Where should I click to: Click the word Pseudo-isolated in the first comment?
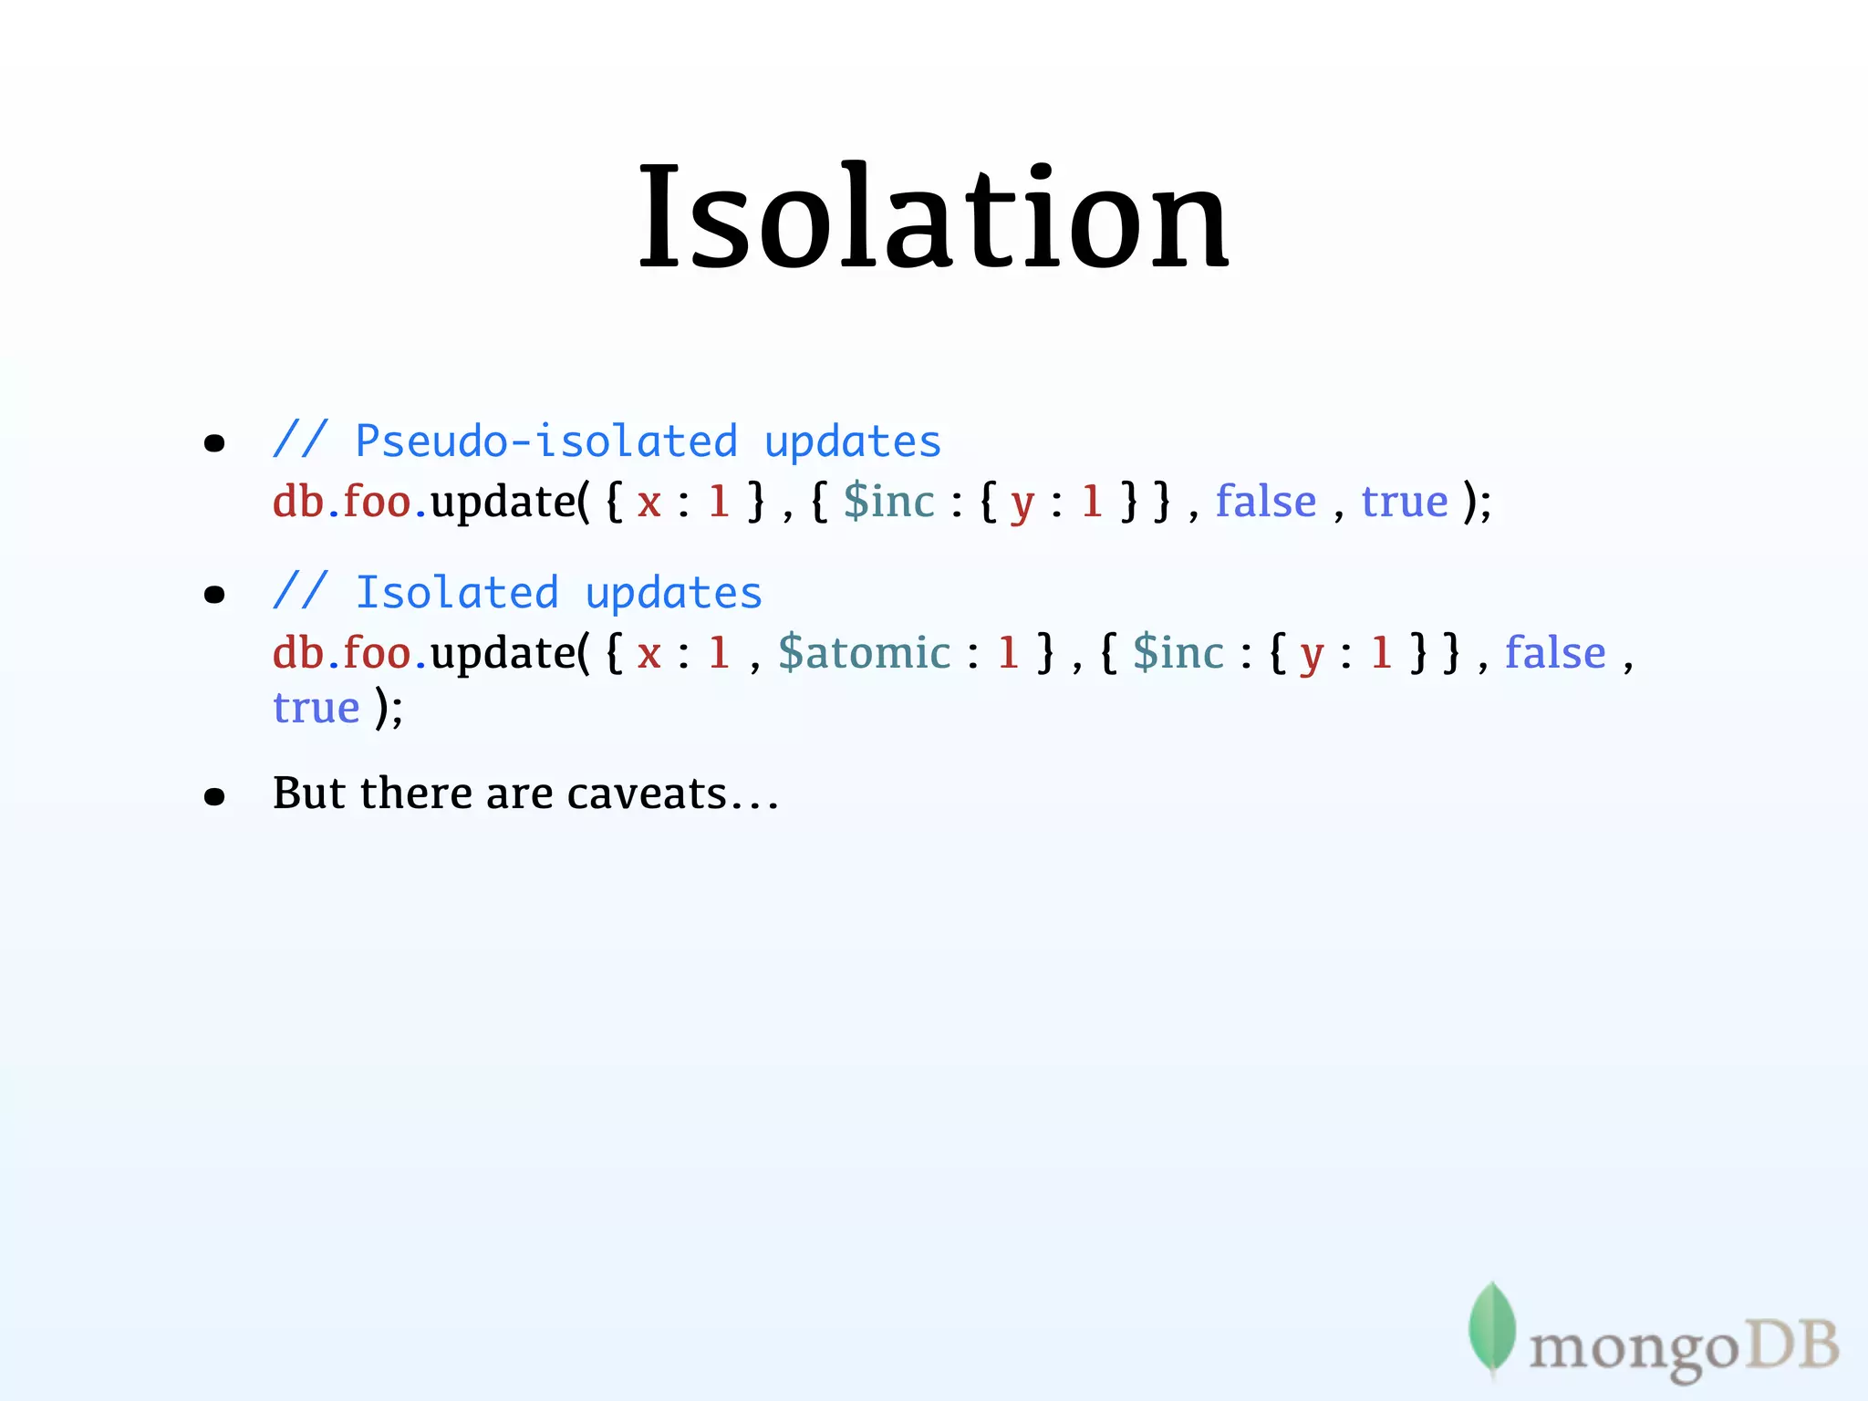point(545,442)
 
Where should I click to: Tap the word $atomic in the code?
point(864,653)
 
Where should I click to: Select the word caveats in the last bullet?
point(647,793)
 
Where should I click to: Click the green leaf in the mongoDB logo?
point(1491,1328)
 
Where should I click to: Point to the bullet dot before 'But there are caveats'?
point(214,797)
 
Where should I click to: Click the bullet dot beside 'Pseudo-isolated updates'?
point(214,444)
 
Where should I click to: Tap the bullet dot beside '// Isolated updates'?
point(214,596)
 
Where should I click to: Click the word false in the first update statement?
point(1266,502)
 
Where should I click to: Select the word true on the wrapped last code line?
point(317,708)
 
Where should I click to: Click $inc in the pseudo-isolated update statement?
point(889,502)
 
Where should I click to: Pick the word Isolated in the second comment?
point(457,594)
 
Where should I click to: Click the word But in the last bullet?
point(309,793)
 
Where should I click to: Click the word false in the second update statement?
point(1555,653)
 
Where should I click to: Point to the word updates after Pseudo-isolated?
point(852,442)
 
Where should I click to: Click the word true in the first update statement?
point(1405,502)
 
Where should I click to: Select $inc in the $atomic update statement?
point(1178,653)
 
